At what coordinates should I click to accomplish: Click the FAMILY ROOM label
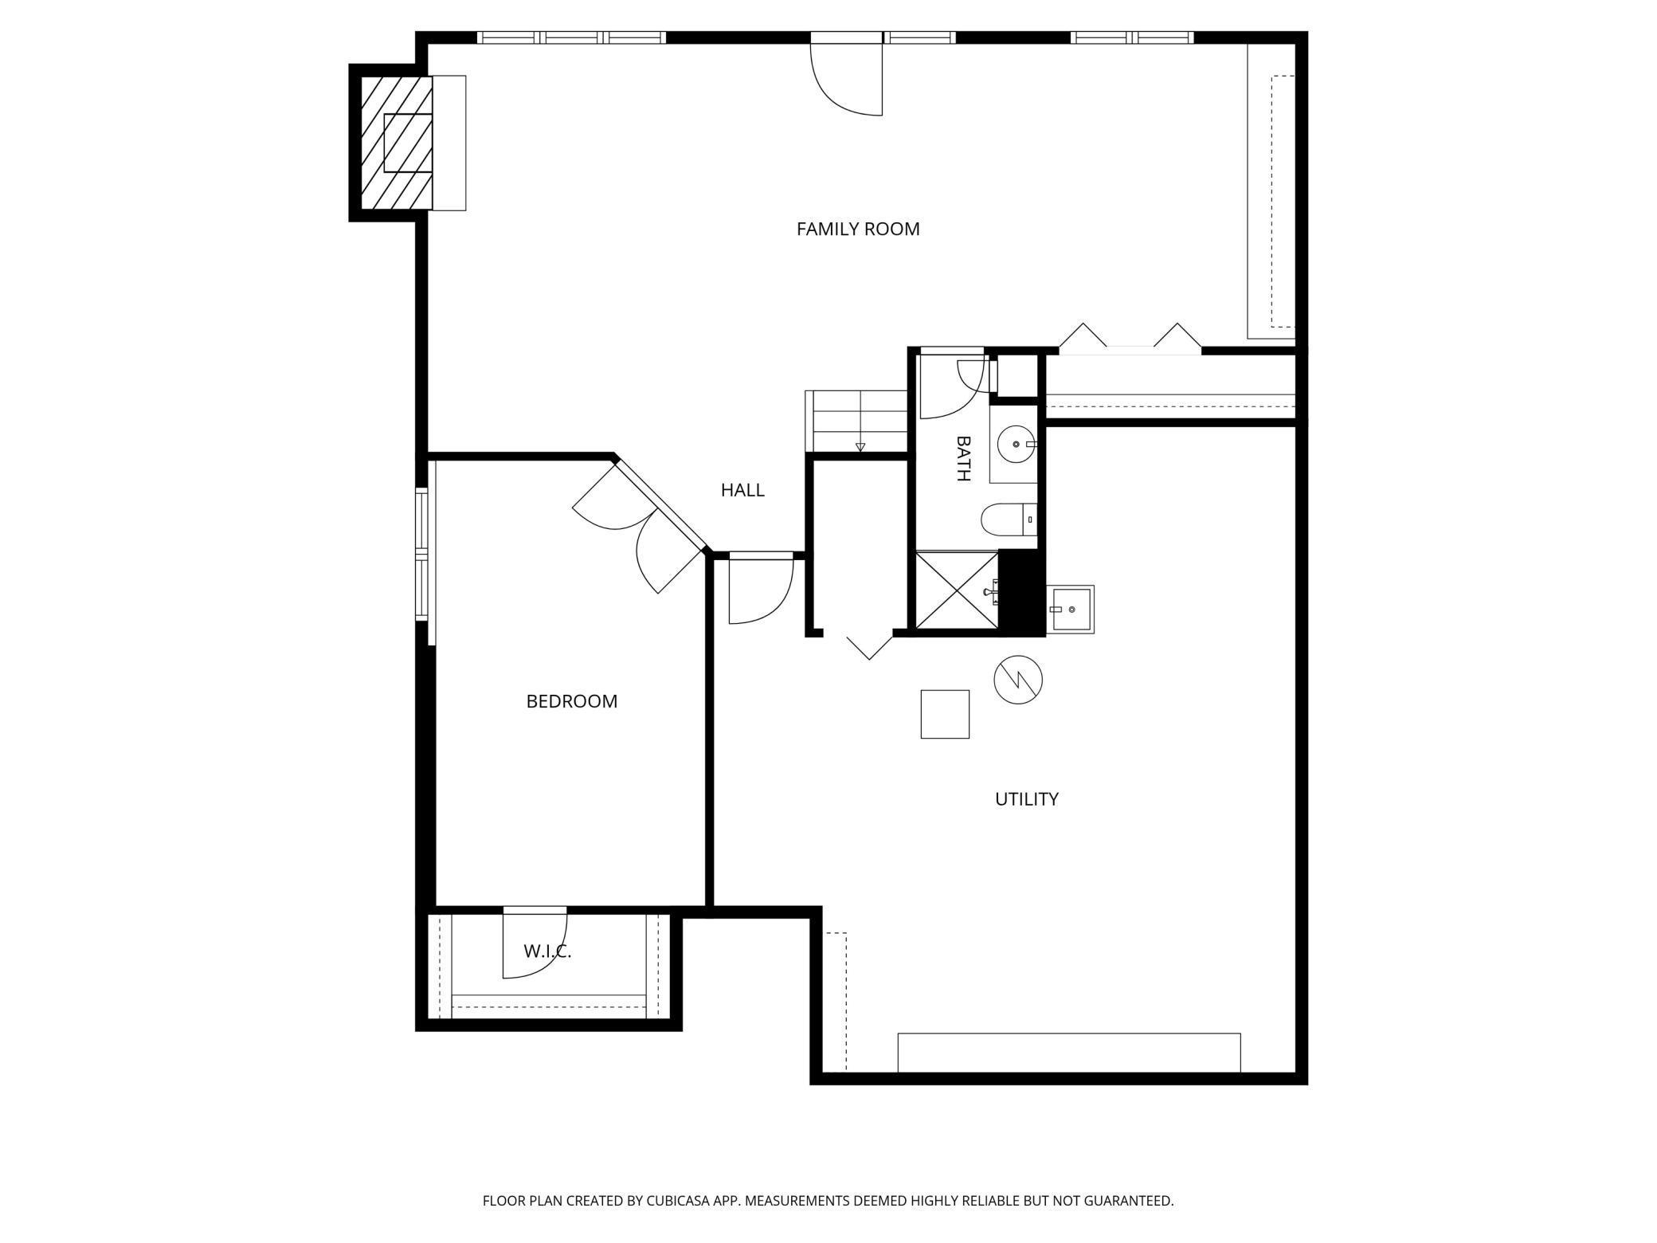pyautogui.click(x=858, y=229)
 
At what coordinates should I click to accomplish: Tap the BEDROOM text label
pyautogui.click(x=572, y=701)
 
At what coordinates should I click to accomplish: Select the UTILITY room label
pyautogui.click(x=1027, y=799)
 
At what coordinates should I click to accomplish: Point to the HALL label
pyautogui.click(x=742, y=490)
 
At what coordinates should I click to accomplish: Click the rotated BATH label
pyautogui.click(x=963, y=458)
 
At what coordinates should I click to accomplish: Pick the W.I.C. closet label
pyautogui.click(x=547, y=951)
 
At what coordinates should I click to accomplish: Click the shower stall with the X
pyautogui.click(x=956, y=590)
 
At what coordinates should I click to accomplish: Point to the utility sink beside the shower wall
pyautogui.click(x=1071, y=610)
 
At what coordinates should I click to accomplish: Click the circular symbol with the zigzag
pyautogui.click(x=1018, y=680)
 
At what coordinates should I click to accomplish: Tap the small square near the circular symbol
pyautogui.click(x=945, y=714)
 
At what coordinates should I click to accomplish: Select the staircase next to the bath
pyautogui.click(x=856, y=422)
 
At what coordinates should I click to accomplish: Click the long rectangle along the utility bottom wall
pyautogui.click(x=1069, y=1053)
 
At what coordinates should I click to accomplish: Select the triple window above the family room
pyautogui.click(x=571, y=37)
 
